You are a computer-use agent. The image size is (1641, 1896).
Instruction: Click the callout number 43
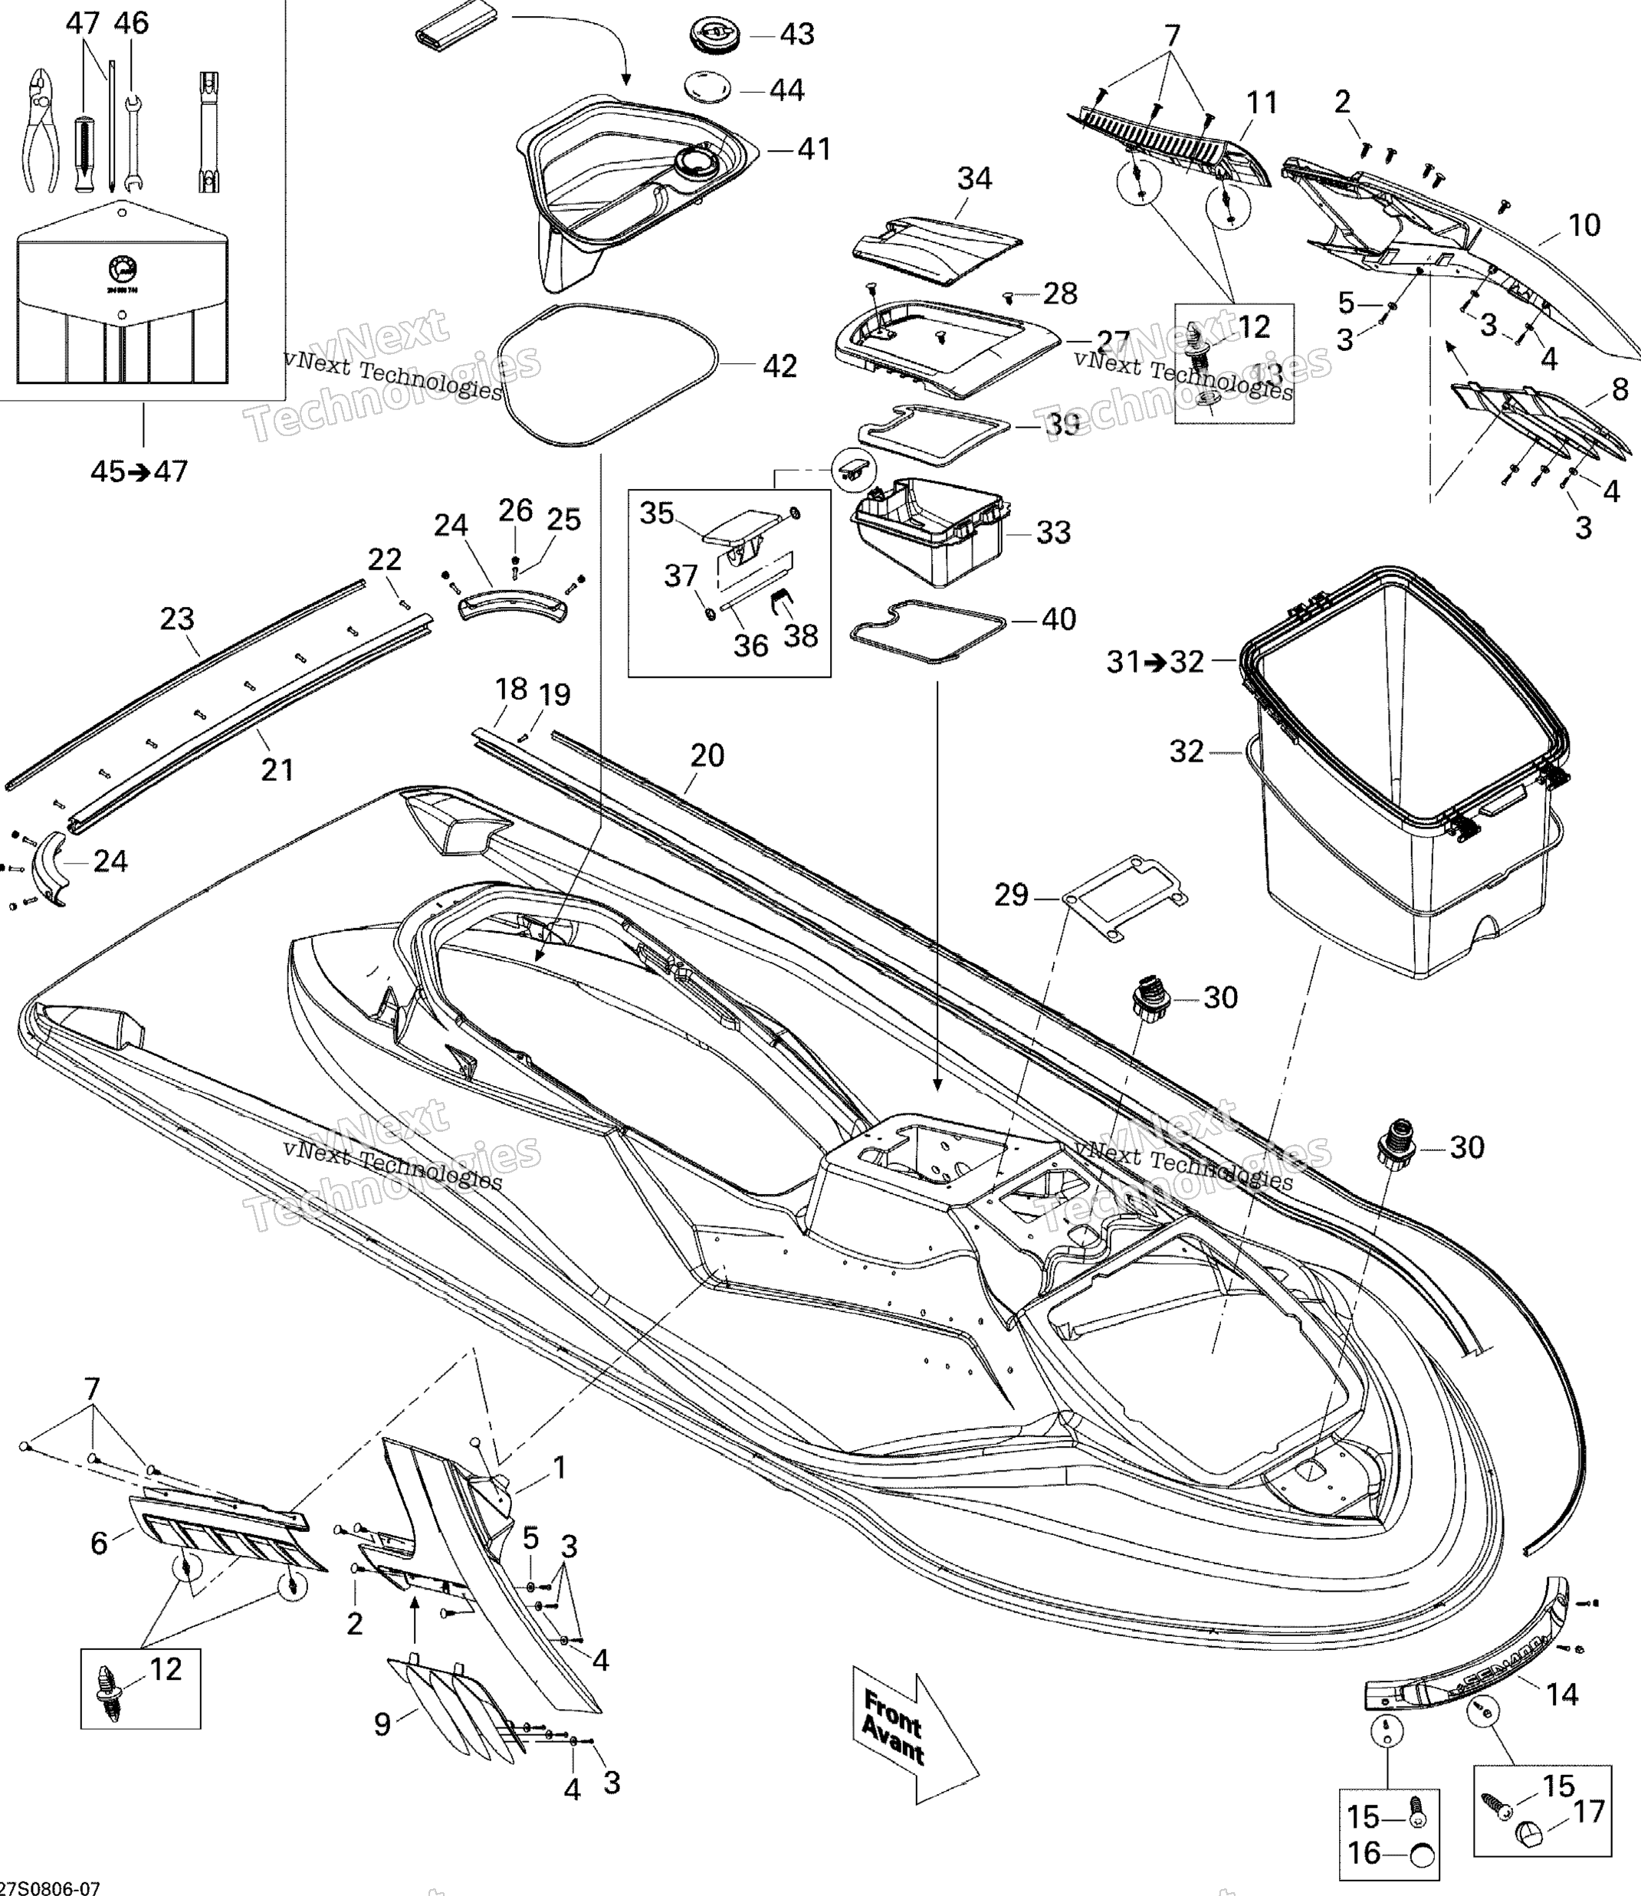pos(796,34)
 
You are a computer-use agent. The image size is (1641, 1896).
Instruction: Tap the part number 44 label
pos(786,90)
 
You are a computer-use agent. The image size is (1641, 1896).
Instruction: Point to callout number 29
pos(1011,895)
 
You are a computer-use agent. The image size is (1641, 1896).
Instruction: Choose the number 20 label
pos(707,756)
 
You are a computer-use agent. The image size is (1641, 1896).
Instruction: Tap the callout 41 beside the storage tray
pos(813,149)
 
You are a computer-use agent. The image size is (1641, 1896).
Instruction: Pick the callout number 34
pos(974,179)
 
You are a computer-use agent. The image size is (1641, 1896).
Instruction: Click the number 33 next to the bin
pos(1053,533)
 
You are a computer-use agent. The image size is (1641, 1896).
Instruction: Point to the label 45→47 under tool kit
pos(139,471)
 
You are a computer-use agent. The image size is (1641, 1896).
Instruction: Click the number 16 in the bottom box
pos(1364,1853)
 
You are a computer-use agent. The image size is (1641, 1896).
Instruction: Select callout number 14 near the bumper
pos(1562,1694)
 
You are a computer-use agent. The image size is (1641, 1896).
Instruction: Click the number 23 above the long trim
pos(177,620)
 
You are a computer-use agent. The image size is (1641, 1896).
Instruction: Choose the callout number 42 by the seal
pos(780,366)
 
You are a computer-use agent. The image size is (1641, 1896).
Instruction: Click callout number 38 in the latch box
pos(800,636)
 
